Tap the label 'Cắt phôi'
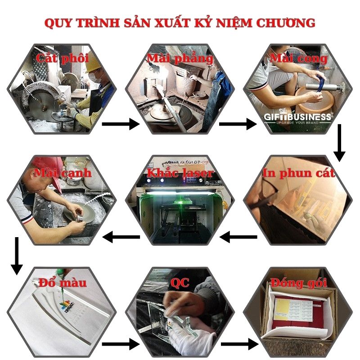pos(63,58)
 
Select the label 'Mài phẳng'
pos(180,58)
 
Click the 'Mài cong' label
pos(298,58)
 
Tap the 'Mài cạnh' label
pos(63,173)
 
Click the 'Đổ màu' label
pos(63,283)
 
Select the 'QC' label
pos(180,283)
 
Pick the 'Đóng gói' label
pos(297,283)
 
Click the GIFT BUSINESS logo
pos(297,118)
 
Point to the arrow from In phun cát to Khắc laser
pos(238,236)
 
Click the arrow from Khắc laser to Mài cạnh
pos(121,236)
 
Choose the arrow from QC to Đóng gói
pos(238,345)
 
